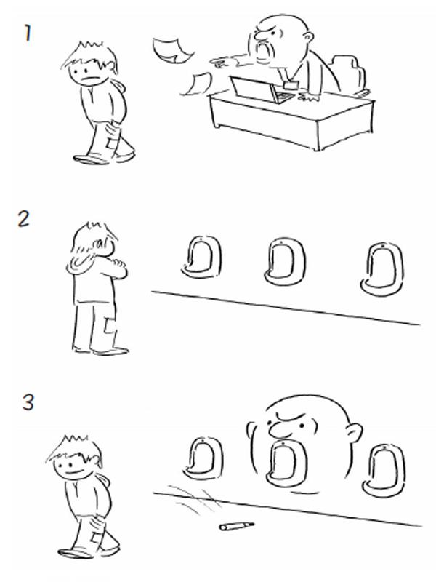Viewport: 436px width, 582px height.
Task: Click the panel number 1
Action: [x=28, y=33]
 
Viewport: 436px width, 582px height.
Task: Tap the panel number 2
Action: [x=23, y=219]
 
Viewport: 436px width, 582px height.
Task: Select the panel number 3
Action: [x=28, y=402]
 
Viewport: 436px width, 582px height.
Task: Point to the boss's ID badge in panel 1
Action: [x=291, y=85]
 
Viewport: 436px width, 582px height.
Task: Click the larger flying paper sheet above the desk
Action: [x=172, y=49]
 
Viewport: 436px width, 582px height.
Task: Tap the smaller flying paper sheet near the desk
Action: [x=196, y=84]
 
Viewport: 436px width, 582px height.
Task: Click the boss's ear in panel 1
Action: [x=308, y=38]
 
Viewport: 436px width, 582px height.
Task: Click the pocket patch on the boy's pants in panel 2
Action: [x=110, y=324]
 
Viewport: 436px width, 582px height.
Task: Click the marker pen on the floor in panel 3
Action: [x=237, y=526]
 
